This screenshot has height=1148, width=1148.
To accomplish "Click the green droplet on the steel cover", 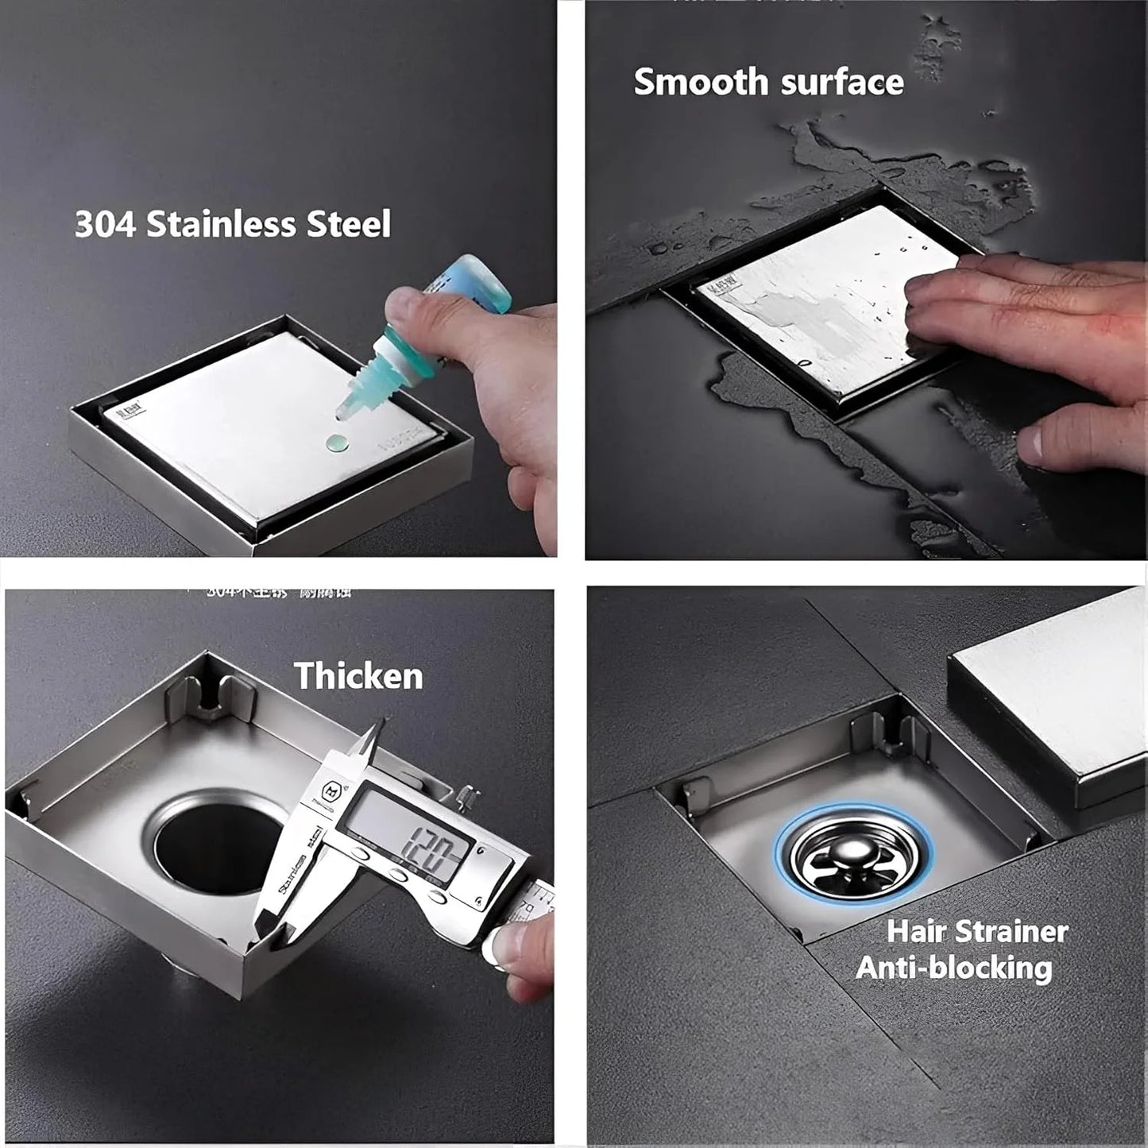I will click(x=336, y=443).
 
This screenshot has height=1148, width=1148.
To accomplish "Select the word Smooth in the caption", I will click(x=700, y=82).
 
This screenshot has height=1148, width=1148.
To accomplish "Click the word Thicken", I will click(x=358, y=676).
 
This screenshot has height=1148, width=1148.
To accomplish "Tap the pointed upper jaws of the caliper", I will click(x=373, y=743).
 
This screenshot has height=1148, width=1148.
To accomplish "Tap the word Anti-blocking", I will click(x=953, y=968).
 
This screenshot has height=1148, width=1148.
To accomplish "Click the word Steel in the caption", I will click(x=349, y=224).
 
